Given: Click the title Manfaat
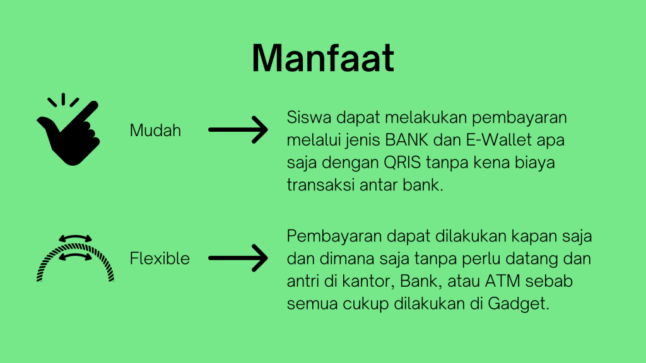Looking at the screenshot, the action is coord(323,58).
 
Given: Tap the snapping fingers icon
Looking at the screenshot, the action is coord(69,129).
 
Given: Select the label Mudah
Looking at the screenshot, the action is coord(155,130).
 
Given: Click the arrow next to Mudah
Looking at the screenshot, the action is coord(238,130).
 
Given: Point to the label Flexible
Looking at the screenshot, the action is coord(160,258).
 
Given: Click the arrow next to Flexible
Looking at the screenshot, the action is coord(238,258).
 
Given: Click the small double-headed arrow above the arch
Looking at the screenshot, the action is coord(76,238).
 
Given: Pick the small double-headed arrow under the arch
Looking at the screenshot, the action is coord(76,257).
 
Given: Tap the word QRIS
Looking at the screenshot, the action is coord(402,163).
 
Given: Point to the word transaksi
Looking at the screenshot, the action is coord(320,185).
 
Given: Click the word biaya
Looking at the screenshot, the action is coord(535,163).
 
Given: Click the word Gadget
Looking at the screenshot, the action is coord(519,304).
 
